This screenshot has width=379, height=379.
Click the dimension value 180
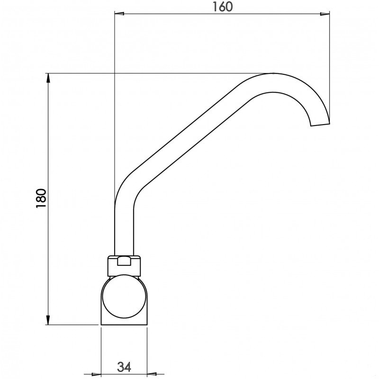point(41,198)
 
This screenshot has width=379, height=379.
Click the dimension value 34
point(124,366)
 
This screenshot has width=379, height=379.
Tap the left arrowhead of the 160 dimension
point(119,14)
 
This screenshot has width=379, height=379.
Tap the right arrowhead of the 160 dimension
point(325,14)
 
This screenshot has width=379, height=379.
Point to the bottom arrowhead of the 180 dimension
point(48,320)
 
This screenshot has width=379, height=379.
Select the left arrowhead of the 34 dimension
point(97,372)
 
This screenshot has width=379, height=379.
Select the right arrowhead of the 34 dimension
point(151,372)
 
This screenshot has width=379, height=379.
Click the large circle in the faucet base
point(124,298)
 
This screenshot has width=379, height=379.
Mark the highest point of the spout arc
point(274,74)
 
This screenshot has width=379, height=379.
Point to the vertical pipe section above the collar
point(124,227)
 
